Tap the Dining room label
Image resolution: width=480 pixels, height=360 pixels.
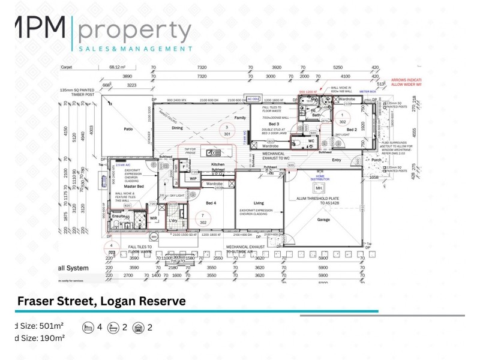[x=177, y=128]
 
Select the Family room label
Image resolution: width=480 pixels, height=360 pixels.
[x=240, y=118]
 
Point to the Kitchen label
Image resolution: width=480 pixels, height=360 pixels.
[x=217, y=164]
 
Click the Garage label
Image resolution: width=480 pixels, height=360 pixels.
[x=323, y=220]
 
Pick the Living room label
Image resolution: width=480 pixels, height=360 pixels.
[x=259, y=203]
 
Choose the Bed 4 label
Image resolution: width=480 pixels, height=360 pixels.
[x=211, y=203]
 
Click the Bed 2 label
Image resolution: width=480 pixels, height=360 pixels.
[x=351, y=130]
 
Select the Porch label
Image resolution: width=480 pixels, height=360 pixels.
[x=376, y=160]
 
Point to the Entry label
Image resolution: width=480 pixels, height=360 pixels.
[x=336, y=160]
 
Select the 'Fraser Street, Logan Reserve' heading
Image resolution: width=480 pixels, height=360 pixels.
[x=101, y=301]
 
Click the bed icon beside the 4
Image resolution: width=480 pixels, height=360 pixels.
[x=88, y=328]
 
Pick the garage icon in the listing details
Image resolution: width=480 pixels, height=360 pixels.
[x=139, y=328]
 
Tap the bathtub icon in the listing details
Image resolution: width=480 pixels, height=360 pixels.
[x=113, y=328]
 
